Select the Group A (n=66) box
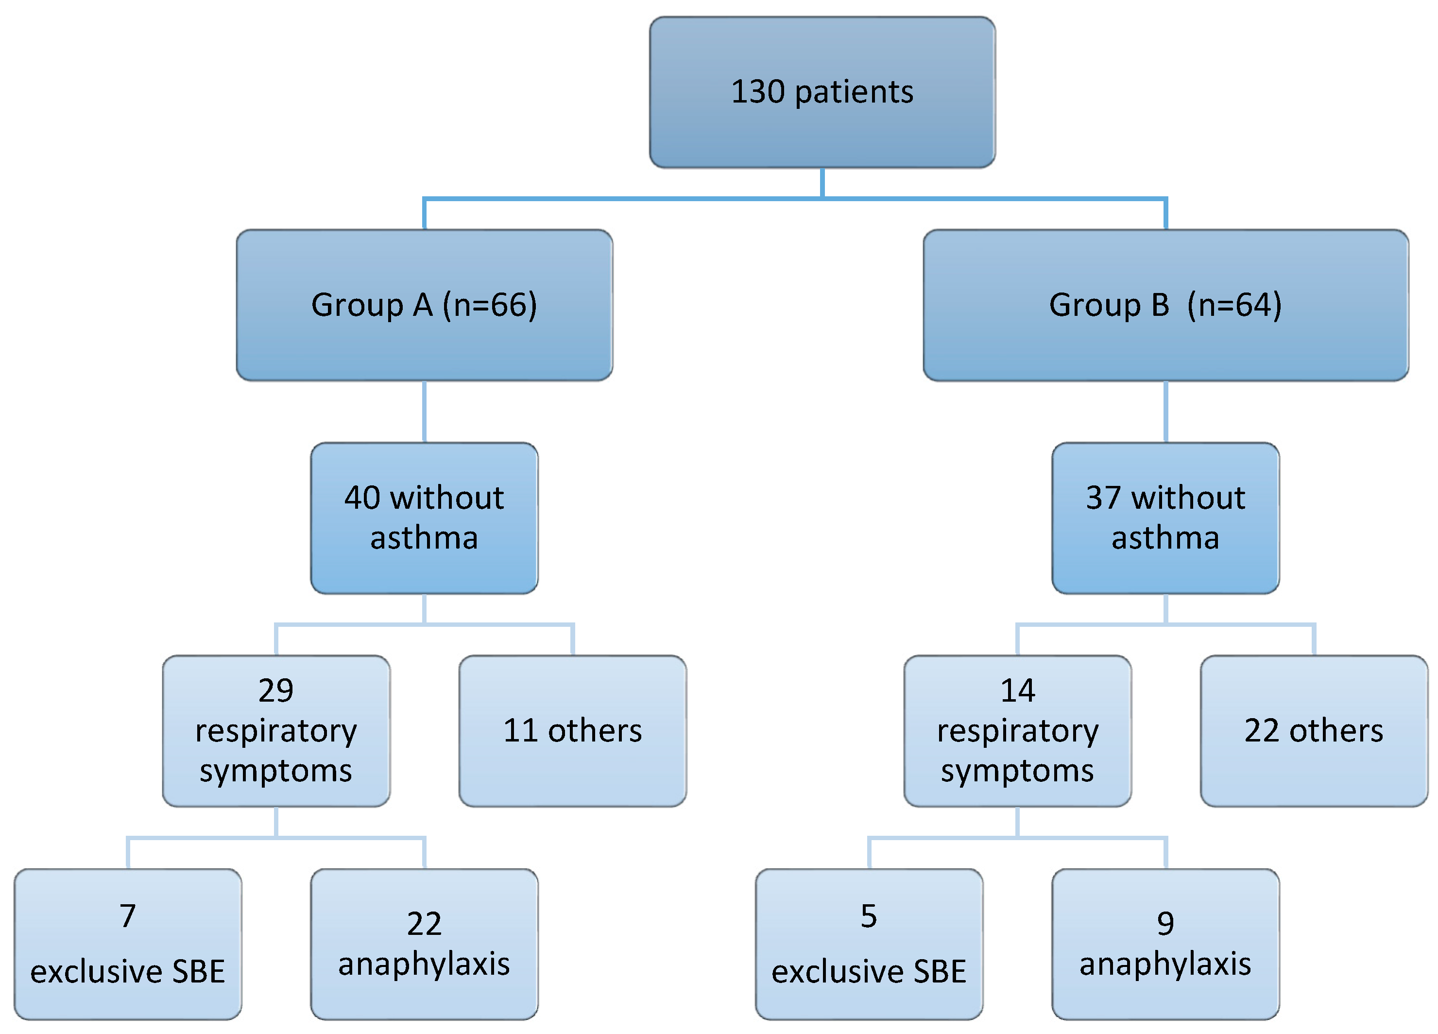click(x=424, y=305)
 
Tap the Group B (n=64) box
click(x=1165, y=305)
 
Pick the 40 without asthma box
click(x=424, y=518)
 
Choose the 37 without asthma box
click(x=1165, y=518)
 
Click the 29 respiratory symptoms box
click(x=276, y=731)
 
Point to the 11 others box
click(x=573, y=731)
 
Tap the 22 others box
click(x=1314, y=731)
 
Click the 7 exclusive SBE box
click(x=127, y=944)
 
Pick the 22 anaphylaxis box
click(x=424, y=944)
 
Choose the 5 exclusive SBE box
click(x=869, y=944)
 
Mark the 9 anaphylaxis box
click(x=1165, y=944)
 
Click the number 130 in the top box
click(x=758, y=92)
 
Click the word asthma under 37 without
click(x=1165, y=538)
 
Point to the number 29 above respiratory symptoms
click(x=276, y=690)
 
